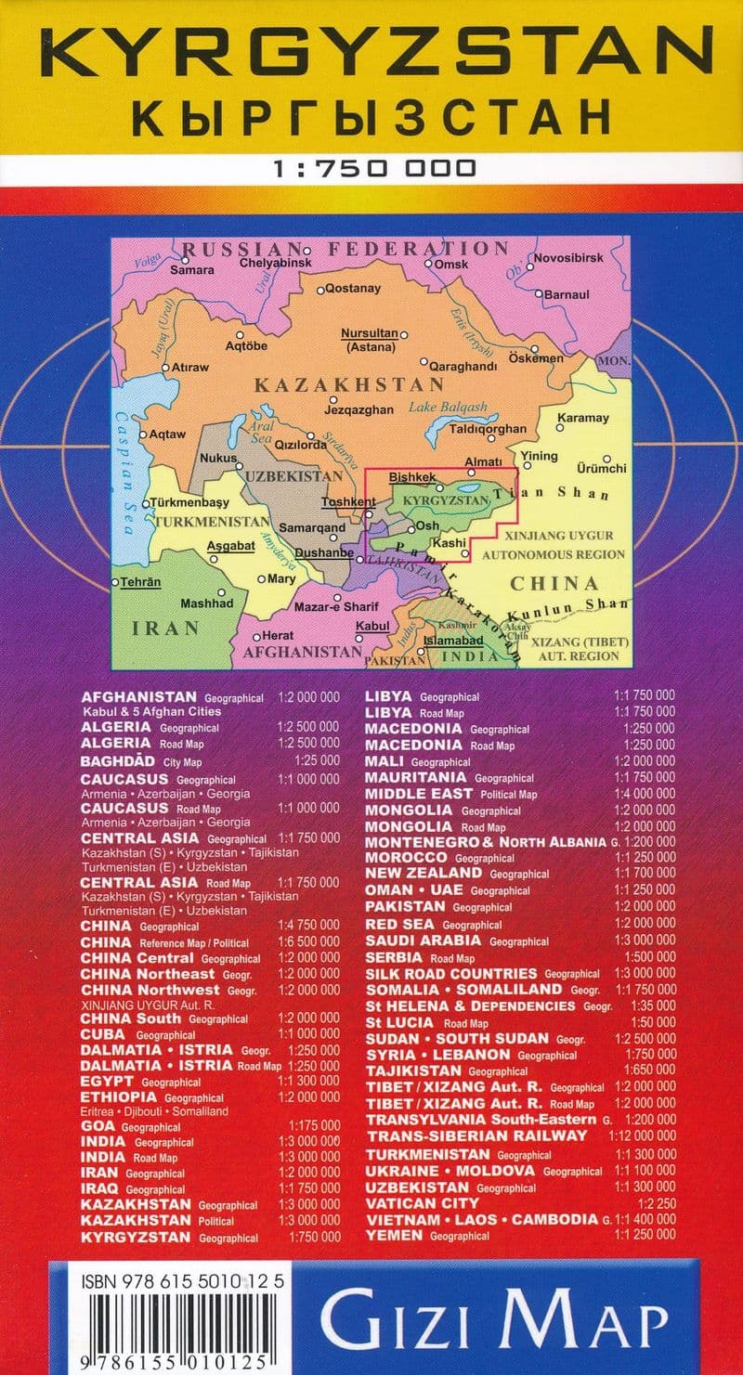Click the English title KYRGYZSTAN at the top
click(371, 55)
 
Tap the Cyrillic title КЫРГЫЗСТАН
click(371, 118)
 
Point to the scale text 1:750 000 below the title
click(374, 168)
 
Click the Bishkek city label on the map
click(411, 477)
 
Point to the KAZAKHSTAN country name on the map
click(336, 383)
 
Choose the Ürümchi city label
click(602, 469)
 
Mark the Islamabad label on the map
click(453, 641)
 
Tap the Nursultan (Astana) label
click(370, 340)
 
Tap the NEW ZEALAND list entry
click(424, 873)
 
